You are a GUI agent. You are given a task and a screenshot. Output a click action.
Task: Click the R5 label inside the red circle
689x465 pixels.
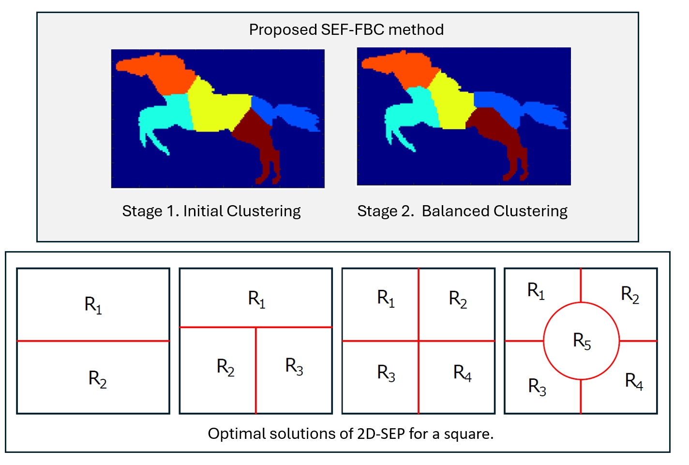[x=582, y=341]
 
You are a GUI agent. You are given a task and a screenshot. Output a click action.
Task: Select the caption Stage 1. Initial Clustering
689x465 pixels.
[x=211, y=211]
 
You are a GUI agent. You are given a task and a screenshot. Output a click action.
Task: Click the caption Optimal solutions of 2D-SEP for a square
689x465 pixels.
[x=351, y=434]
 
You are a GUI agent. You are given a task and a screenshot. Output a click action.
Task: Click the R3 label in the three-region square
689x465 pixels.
[x=294, y=366]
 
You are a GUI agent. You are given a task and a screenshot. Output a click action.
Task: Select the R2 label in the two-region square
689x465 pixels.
[x=97, y=379]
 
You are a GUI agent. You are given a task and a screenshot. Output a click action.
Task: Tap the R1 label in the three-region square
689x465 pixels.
[x=256, y=299]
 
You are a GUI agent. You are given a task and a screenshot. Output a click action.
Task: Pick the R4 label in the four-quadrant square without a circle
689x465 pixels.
[x=462, y=373]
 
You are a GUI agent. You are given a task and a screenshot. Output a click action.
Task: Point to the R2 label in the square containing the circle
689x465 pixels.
[x=630, y=295]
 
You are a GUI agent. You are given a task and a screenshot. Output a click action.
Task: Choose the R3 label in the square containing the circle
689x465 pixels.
[x=537, y=387]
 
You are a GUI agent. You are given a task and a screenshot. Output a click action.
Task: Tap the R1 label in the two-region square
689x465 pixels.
[x=93, y=305]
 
